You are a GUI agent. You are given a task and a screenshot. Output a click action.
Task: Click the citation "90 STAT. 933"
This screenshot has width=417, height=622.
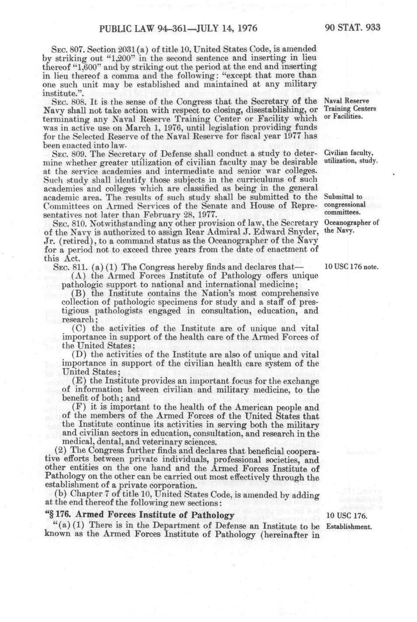pyautogui.click(x=353, y=28)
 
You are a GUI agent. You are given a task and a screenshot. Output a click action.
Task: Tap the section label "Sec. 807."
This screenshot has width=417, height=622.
pyautogui.click(x=65, y=48)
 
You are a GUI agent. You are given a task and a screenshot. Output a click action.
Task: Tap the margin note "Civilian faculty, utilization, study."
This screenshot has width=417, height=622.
pyautogui.click(x=351, y=157)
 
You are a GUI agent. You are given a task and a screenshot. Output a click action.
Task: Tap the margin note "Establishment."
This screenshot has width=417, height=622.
pyautogui.click(x=349, y=526)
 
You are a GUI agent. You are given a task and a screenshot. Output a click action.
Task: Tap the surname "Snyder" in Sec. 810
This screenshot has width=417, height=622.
pyautogui.click(x=303, y=232)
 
